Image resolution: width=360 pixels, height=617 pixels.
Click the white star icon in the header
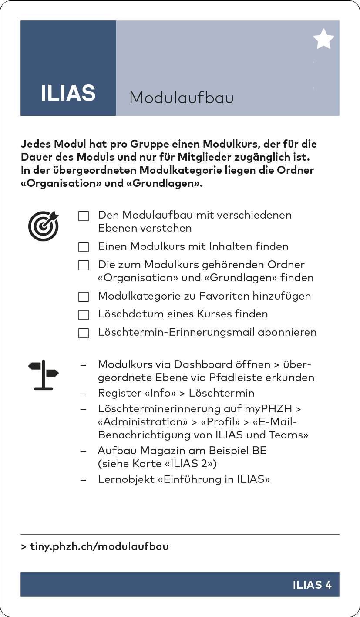point(323,40)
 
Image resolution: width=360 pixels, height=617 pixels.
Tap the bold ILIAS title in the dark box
point(68,93)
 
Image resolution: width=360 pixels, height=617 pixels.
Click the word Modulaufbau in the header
point(181,98)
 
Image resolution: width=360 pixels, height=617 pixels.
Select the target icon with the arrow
point(44,226)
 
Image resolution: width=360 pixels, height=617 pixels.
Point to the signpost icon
point(43,375)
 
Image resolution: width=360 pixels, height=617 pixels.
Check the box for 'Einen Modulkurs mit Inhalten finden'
point(84,247)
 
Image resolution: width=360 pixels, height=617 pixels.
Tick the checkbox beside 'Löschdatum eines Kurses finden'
point(84,315)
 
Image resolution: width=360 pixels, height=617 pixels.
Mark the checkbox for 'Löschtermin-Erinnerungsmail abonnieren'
point(84,333)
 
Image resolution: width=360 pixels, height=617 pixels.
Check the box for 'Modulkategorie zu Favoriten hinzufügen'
point(84,297)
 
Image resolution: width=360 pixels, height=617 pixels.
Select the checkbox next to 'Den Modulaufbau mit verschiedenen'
point(84,216)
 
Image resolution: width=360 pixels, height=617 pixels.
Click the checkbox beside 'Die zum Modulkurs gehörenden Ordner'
point(84,266)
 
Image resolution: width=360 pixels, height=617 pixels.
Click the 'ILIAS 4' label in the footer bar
point(312,585)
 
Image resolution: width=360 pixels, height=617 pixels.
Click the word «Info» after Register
point(160,393)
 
